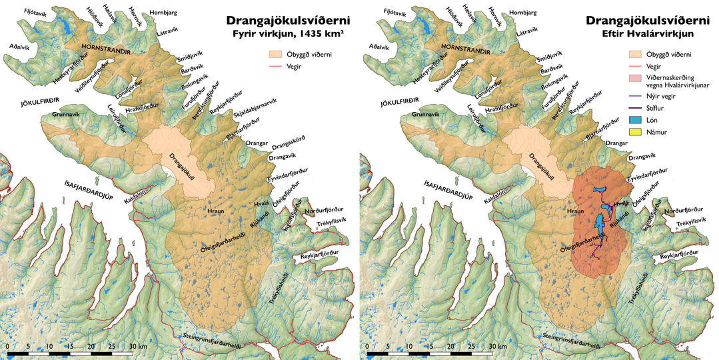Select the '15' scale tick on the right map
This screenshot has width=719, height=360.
pyautogui.click(x=431, y=347)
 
